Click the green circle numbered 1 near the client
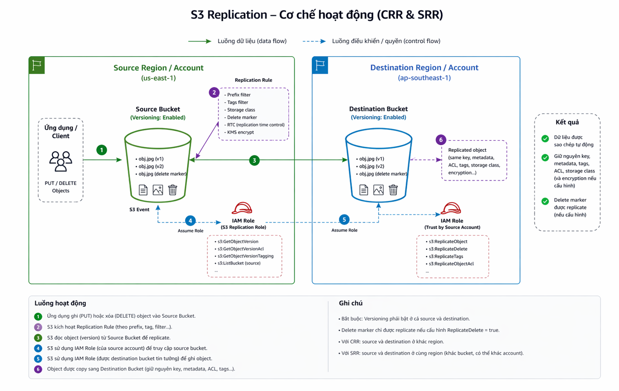[x=102, y=150]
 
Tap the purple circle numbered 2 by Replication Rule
[x=214, y=93]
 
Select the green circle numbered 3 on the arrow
[x=254, y=160]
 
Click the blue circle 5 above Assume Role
[x=344, y=220]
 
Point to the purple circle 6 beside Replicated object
[x=441, y=140]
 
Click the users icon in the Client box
[x=61, y=161]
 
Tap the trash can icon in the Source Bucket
[x=173, y=190]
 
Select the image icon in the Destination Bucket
[x=378, y=190]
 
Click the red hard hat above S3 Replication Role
[x=242, y=208]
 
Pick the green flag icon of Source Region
[x=37, y=65]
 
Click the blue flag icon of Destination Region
[x=320, y=65]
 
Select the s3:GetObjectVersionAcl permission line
[x=240, y=249]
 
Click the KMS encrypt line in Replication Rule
[x=240, y=132]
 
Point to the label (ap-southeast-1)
[x=424, y=78]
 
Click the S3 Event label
[x=139, y=209]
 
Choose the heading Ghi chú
[x=350, y=303]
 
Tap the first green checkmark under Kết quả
[x=545, y=138]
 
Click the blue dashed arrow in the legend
[x=314, y=41]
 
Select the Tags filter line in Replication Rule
[x=237, y=102]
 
